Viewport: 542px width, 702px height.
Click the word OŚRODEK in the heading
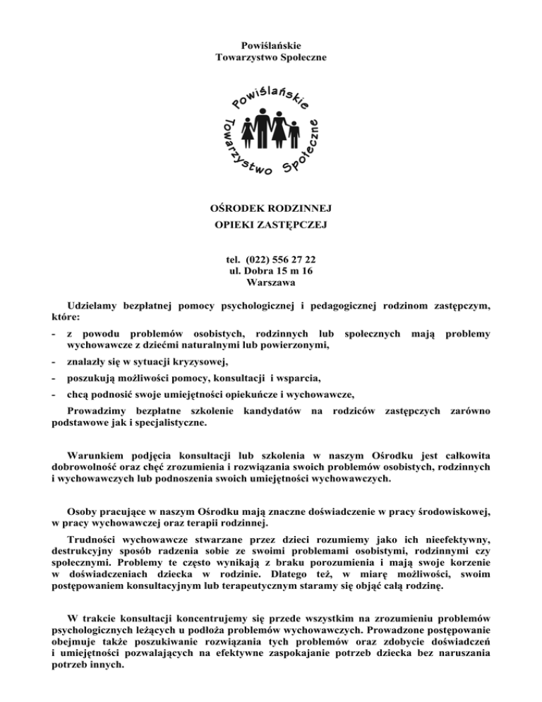tap(240, 210)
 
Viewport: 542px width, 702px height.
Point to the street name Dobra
tap(260, 270)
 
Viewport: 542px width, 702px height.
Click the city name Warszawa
tap(271, 282)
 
